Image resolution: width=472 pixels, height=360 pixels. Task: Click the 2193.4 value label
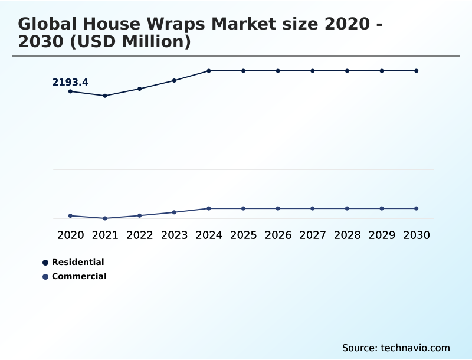pos(70,83)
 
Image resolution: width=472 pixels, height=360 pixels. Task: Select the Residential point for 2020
pos(70,91)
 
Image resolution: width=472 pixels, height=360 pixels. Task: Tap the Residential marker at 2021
pos(105,96)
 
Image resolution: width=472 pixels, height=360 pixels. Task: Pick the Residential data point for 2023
pos(174,80)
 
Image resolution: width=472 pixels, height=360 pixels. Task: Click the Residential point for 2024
pos(209,71)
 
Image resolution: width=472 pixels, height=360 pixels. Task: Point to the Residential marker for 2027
pos(313,71)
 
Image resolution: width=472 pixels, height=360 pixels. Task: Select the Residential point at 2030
pos(417,71)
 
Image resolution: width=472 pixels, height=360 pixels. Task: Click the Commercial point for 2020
pos(70,216)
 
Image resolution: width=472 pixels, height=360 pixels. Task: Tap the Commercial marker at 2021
pos(105,218)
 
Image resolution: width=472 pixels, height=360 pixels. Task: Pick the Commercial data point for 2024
pos(209,208)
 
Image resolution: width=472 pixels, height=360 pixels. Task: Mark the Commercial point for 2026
pos(278,208)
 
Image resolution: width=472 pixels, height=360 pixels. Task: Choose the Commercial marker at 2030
pos(417,208)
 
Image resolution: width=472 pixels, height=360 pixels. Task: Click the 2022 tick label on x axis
pos(140,235)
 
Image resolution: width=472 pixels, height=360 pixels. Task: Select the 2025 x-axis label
pos(243,235)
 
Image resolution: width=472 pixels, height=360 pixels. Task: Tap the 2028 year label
pos(347,235)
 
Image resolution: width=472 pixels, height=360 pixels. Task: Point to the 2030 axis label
pos(417,235)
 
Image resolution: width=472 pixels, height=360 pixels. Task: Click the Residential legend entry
pos(77,262)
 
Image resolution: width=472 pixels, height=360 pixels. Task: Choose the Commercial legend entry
pos(78,276)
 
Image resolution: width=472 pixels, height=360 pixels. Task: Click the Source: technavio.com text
pos(396,348)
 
